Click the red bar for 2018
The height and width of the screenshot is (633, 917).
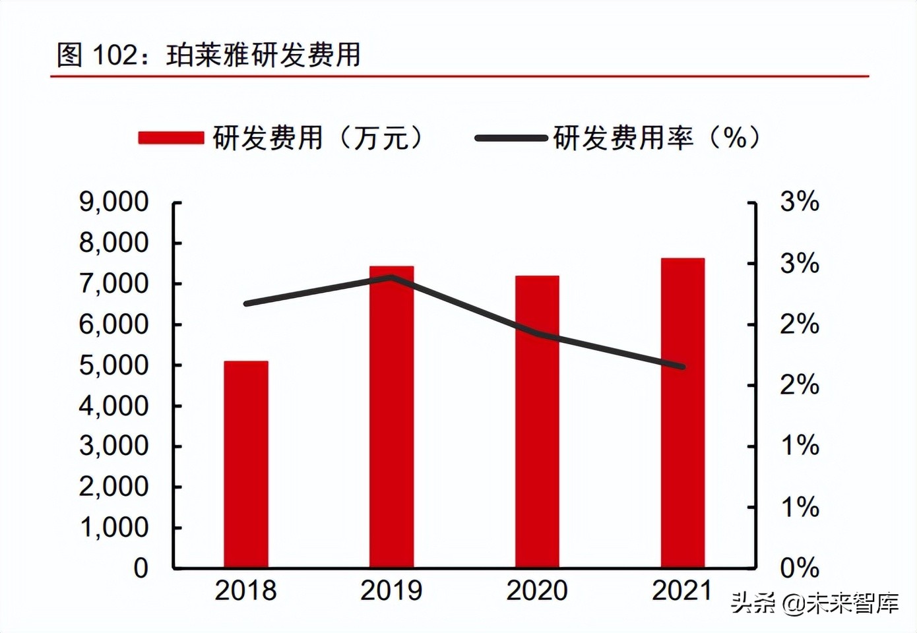coord(246,464)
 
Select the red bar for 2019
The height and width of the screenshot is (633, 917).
coord(391,417)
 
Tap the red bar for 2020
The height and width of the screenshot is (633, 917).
coord(537,421)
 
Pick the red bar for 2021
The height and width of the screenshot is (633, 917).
coord(683,413)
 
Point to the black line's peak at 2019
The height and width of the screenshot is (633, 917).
coord(391,277)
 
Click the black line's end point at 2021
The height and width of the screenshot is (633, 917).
coord(682,367)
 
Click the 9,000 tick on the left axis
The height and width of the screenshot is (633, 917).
coord(114,202)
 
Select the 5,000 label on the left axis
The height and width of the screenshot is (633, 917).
coord(114,365)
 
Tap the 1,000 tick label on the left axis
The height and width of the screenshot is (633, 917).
coord(114,527)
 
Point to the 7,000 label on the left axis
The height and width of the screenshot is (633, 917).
coord(114,284)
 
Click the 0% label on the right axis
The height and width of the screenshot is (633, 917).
coord(800,568)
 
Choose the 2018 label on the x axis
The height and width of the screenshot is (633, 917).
coord(245,591)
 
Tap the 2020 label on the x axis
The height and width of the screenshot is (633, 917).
coord(537,591)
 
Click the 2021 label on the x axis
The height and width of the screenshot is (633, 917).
coord(682,591)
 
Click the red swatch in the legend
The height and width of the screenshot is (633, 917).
coord(171,138)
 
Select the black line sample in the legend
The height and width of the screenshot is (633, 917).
coord(511,138)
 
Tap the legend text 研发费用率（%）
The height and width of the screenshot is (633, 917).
coord(657,138)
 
